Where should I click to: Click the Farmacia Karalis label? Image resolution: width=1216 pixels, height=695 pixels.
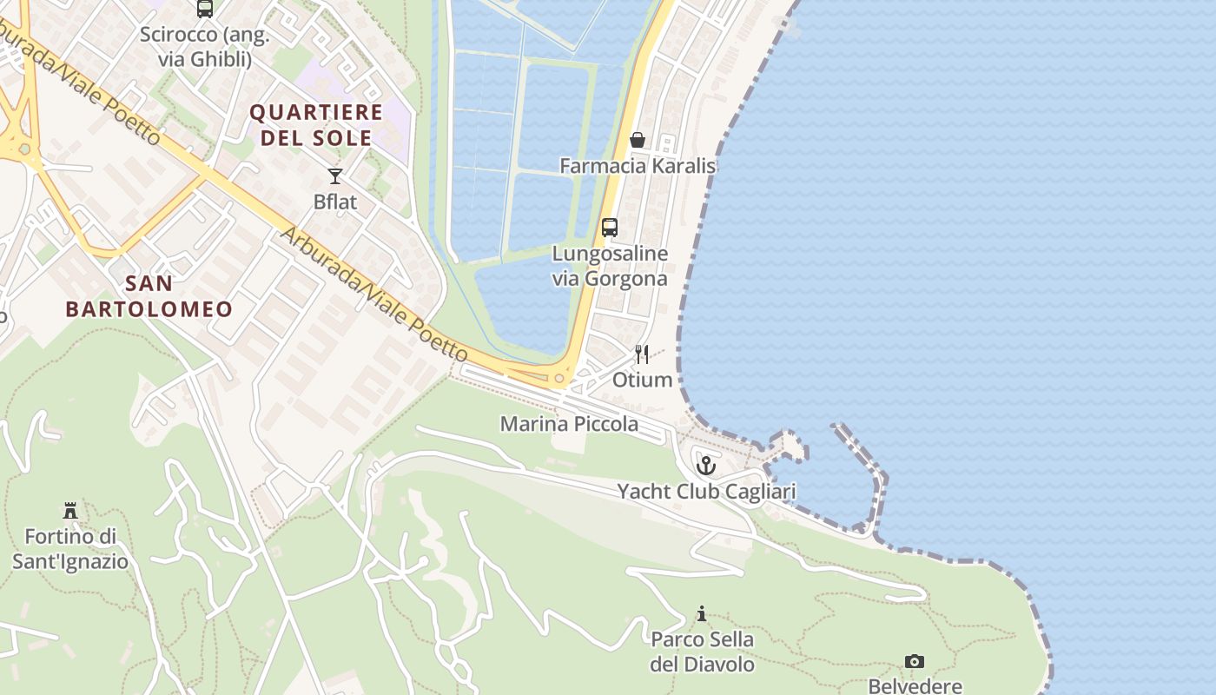tap(638, 165)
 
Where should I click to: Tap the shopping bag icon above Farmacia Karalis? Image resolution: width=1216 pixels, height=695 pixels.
tap(638, 140)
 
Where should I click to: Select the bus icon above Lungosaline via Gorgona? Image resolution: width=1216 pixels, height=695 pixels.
tap(610, 228)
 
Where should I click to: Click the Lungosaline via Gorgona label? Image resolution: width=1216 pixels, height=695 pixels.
tap(610, 266)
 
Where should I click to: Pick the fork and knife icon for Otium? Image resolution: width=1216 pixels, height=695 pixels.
tap(642, 354)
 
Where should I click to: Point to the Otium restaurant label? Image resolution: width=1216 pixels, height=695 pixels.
tap(642, 380)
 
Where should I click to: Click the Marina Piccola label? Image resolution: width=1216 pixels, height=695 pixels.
tap(569, 424)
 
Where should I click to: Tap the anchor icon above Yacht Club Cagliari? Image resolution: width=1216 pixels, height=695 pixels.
tap(706, 466)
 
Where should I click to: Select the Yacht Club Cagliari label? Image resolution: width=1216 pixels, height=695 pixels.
tap(706, 492)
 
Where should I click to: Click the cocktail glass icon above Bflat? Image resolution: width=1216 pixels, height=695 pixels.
tap(335, 176)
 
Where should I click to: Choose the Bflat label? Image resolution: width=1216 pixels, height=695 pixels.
tap(335, 202)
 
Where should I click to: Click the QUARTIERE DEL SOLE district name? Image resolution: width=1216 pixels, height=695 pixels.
tap(316, 124)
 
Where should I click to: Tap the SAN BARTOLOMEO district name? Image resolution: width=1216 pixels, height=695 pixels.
tap(149, 295)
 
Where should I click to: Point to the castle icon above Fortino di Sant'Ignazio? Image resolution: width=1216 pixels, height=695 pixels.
tap(70, 510)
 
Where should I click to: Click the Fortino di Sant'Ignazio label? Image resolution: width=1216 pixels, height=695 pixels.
tap(70, 549)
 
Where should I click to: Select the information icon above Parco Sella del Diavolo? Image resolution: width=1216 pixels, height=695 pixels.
tap(702, 614)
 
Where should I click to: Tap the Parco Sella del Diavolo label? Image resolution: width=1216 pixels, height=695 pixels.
tap(702, 652)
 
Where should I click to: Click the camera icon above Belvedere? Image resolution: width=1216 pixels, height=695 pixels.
tap(915, 662)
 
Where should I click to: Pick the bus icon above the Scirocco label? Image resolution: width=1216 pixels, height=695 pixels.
tap(205, 9)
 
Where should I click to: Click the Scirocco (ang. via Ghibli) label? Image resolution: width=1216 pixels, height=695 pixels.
tap(205, 47)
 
